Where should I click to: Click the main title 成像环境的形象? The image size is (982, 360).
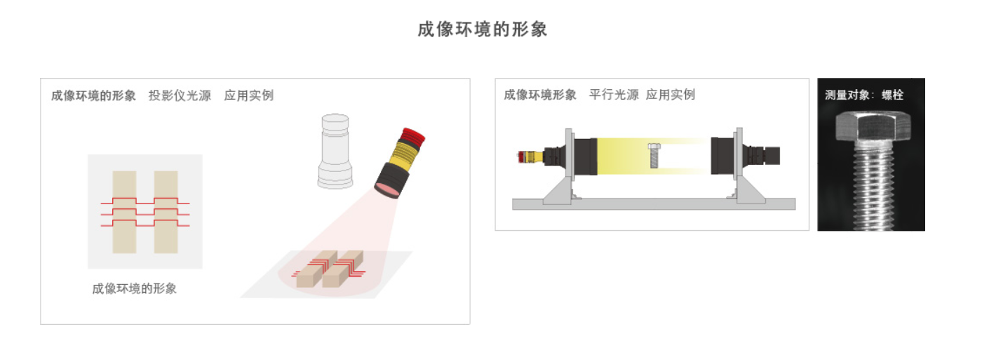pyautogui.click(x=483, y=29)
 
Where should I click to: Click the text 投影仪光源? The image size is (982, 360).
pyautogui.click(x=180, y=95)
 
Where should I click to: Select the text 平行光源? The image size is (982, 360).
pyautogui.click(x=614, y=95)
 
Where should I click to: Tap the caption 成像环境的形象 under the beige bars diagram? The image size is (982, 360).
pyautogui.click(x=134, y=288)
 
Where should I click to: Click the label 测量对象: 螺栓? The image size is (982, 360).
pyautogui.click(x=864, y=95)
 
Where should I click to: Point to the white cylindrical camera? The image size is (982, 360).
pyautogui.click(x=335, y=152)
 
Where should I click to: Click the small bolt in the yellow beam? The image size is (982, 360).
pyautogui.click(x=654, y=155)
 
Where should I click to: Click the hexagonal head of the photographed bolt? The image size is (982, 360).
pyautogui.click(x=873, y=127)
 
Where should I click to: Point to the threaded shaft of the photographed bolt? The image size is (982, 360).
pyautogui.click(x=875, y=186)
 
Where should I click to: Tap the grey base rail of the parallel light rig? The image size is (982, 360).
pyautogui.click(x=654, y=204)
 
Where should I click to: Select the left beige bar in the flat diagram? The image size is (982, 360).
pyautogui.click(x=125, y=212)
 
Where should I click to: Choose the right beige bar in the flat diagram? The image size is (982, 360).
pyautogui.click(x=166, y=212)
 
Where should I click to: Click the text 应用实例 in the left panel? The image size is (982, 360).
pyautogui.click(x=249, y=95)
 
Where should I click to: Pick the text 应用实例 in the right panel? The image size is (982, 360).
pyautogui.click(x=671, y=95)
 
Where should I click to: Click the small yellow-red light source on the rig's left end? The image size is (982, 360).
pyautogui.click(x=530, y=156)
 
